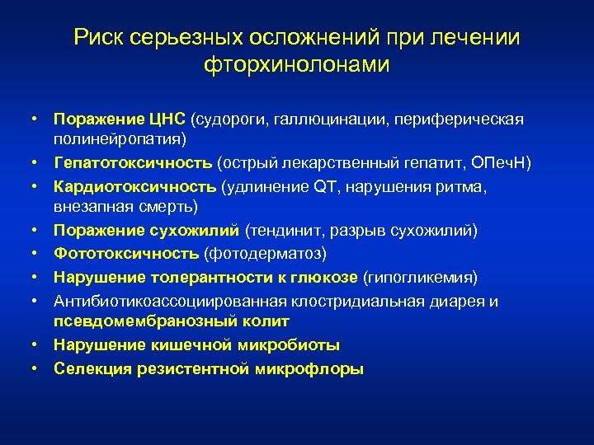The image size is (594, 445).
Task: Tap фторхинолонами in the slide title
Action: (296, 65)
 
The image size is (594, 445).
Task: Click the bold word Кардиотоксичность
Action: (125, 187)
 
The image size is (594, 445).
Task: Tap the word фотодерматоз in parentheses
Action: (266, 252)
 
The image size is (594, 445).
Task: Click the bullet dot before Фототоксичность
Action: (37, 252)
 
